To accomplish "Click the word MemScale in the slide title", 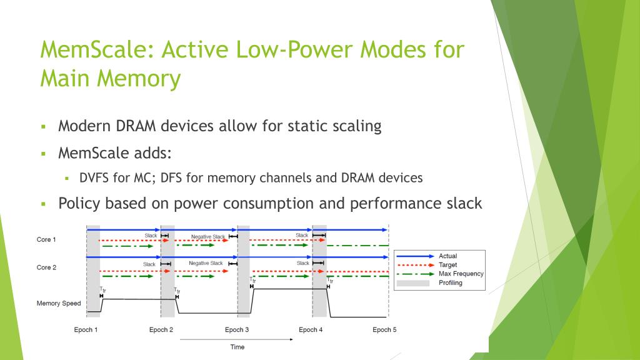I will tap(93, 49).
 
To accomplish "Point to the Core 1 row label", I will tap(46, 239).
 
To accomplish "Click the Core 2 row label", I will tap(46, 267).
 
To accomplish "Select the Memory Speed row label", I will tap(59, 304).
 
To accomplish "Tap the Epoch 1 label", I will tap(86, 329).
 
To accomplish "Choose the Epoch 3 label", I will tap(237, 329).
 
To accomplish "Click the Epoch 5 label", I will tap(384, 329).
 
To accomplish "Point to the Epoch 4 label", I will tap(311, 329).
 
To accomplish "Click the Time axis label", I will tap(237, 346).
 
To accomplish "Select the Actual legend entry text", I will tap(447, 256).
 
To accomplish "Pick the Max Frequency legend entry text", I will tap(461, 274).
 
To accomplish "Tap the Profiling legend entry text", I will tap(451, 282).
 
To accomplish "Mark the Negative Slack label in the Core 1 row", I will tap(208, 237).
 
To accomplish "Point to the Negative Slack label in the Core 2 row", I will tap(206, 264).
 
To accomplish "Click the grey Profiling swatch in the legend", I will tap(412, 283).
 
